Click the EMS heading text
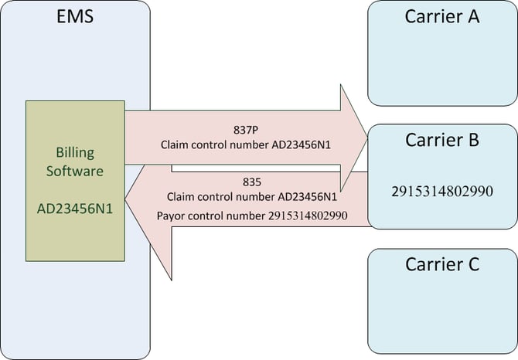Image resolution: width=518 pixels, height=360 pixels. coord(75,16)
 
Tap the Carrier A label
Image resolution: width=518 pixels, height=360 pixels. coord(442,16)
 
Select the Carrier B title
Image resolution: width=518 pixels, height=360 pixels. coord(442,140)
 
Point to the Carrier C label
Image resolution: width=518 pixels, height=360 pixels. coord(442,264)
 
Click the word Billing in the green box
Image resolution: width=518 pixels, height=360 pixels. coord(75,153)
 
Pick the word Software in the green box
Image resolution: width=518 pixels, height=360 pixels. coord(75,171)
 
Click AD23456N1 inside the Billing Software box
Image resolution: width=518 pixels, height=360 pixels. coord(75,209)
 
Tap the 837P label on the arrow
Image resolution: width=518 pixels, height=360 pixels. coord(245,130)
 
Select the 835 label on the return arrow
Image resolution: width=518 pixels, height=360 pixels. coord(252,182)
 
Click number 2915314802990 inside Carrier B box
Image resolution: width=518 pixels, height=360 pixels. coord(442,192)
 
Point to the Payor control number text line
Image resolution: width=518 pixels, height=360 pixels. coord(252,216)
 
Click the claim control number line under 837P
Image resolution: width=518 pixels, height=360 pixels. coord(245,145)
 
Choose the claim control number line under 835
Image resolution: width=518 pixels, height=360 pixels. coord(252,197)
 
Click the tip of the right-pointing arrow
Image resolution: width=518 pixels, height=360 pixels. coord(367,138)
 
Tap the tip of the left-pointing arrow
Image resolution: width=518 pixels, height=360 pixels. coord(125,199)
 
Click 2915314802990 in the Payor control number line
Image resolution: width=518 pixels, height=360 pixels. coord(308,216)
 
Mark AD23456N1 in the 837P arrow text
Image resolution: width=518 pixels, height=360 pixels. coord(301,145)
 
